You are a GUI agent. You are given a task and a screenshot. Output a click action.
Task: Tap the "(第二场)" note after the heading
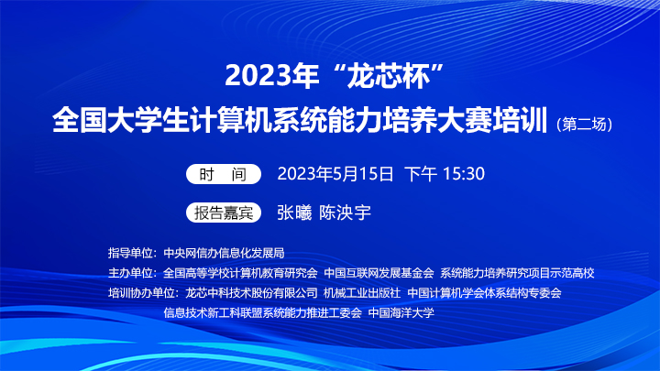point(584,124)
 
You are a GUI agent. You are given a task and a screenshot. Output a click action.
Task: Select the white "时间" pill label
point(224,174)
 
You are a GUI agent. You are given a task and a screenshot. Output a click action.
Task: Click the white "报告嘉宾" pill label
point(224,213)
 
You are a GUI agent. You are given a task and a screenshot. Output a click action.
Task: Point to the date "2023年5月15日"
point(335,174)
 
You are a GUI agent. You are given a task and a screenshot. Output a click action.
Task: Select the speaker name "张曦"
point(294,213)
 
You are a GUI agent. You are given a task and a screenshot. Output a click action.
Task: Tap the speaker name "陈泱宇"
point(345,213)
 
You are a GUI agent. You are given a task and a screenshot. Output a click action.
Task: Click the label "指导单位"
point(130,253)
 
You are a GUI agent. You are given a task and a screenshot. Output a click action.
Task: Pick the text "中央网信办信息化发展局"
point(224,253)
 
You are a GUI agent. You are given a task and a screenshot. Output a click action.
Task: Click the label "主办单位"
point(130,273)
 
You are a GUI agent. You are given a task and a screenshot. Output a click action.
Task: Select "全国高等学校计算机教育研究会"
point(240,273)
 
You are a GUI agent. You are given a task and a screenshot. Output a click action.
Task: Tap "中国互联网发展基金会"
point(379,273)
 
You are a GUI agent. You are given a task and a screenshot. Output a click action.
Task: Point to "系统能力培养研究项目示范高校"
point(517,273)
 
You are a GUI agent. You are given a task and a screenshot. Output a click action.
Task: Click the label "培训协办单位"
point(141,293)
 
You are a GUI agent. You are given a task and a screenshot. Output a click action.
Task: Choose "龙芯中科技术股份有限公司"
point(251,293)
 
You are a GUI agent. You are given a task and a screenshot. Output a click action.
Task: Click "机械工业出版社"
point(362,293)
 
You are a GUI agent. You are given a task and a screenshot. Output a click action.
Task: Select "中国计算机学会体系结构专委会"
point(485,293)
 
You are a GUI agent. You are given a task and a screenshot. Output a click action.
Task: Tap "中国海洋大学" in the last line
point(401,312)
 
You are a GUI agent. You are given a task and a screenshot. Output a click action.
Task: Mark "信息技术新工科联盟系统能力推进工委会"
point(263,312)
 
